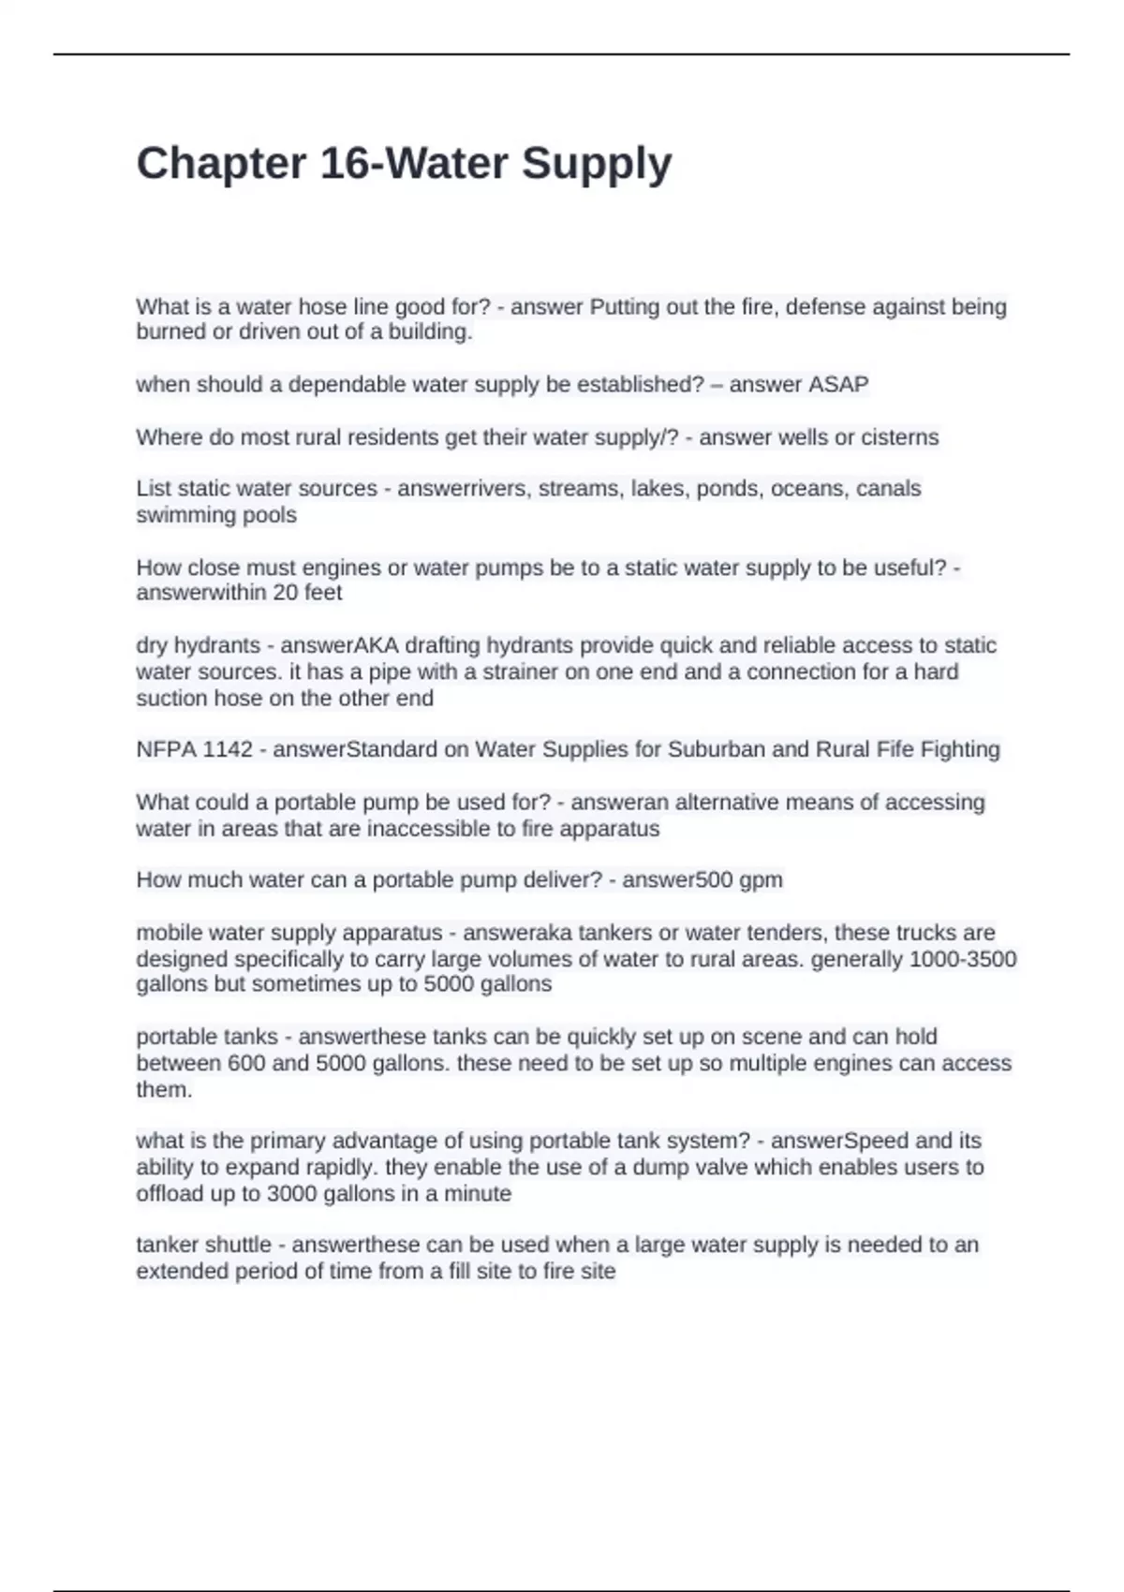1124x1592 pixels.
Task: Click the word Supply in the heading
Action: pyautogui.click(x=597, y=165)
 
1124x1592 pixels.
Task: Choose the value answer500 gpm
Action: pyautogui.click(x=702, y=880)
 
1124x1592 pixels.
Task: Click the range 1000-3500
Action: pyautogui.click(x=963, y=959)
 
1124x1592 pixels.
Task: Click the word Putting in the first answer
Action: pyautogui.click(x=624, y=307)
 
